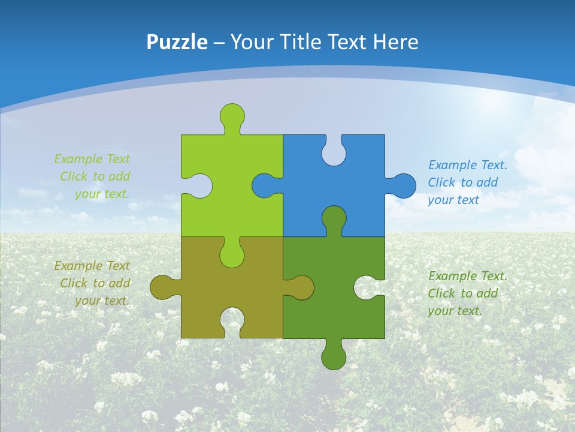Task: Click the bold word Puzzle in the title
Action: pos(177,42)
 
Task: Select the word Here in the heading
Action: pos(395,42)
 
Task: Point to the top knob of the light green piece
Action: pos(232,115)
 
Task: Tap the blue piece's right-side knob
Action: pos(403,185)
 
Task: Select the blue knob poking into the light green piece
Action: pos(264,185)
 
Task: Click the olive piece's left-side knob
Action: pos(162,287)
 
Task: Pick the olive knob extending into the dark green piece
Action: pos(301,287)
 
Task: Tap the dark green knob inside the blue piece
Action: pos(334,218)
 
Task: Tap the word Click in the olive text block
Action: pos(74,283)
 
